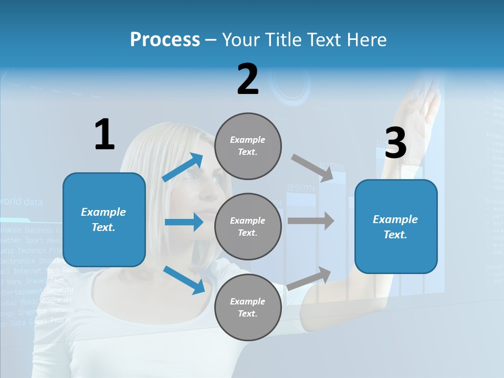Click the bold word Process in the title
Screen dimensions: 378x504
(x=165, y=40)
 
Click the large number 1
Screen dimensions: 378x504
(x=104, y=135)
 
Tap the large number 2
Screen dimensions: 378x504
(x=248, y=79)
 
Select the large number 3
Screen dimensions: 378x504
(x=396, y=143)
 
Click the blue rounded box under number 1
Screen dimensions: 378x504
(x=104, y=219)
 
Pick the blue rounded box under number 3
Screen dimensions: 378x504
(x=396, y=227)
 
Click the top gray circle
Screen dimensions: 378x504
(x=248, y=146)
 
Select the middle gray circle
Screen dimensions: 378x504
(x=248, y=227)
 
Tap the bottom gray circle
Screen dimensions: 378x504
(x=248, y=308)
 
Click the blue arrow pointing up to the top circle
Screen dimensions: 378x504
(x=183, y=167)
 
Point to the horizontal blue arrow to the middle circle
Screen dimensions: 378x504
(x=184, y=222)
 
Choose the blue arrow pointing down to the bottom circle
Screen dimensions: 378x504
(x=184, y=279)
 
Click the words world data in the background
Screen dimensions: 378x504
(x=22, y=202)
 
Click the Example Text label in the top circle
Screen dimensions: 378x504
(x=248, y=146)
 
